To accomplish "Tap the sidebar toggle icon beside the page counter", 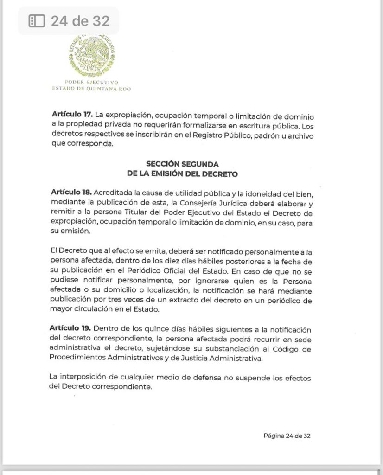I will click(x=37, y=21).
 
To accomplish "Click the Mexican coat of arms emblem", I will click(x=92, y=56).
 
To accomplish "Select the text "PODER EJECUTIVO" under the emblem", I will click(x=92, y=83).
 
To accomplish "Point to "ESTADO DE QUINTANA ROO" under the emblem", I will click(x=91, y=89).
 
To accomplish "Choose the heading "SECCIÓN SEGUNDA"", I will click(x=182, y=164).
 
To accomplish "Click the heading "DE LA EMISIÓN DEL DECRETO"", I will click(x=182, y=174).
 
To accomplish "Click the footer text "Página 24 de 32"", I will click(x=287, y=436).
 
